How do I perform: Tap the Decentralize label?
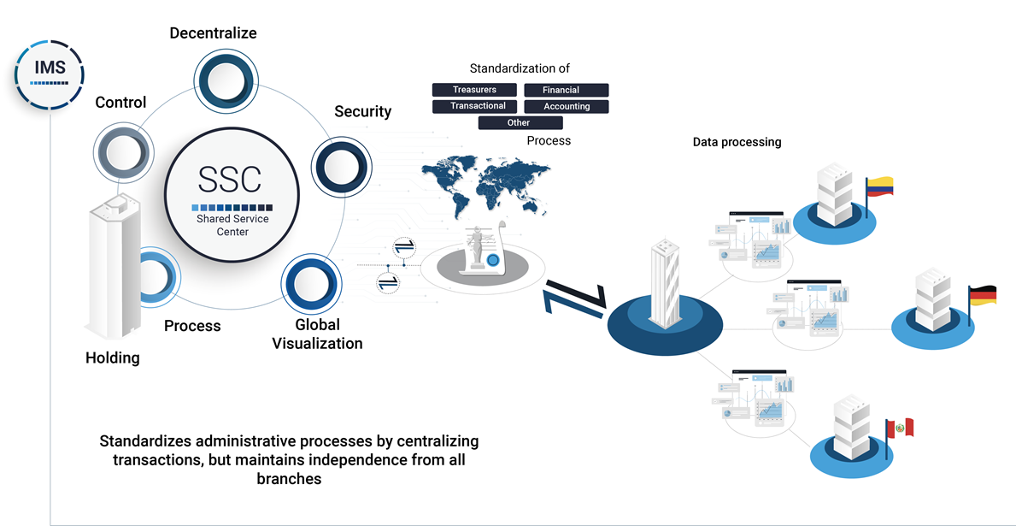pyautogui.click(x=213, y=33)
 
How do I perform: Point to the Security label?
pyautogui.click(x=362, y=111)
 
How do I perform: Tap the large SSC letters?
pyautogui.click(x=230, y=179)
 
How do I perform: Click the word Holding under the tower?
pyautogui.click(x=112, y=358)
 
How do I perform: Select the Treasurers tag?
pyautogui.click(x=474, y=90)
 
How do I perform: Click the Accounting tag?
pyautogui.click(x=567, y=106)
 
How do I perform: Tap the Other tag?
pyautogui.click(x=519, y=123)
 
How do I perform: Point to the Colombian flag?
pyautogui.click(x=879, y=186)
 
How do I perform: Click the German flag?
pyautogui.click(x=982, y=296)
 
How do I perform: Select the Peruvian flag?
pyautogui.click(x=900, y=428)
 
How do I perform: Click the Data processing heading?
pyautogui.click(x=737, y=142)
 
